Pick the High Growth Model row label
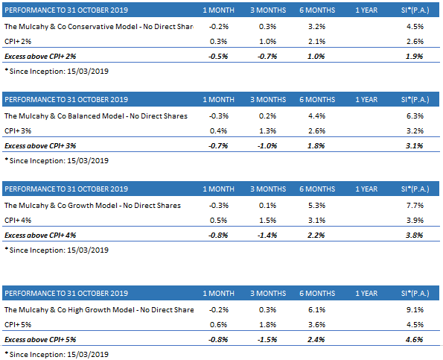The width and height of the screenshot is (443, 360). [x=98, y=310]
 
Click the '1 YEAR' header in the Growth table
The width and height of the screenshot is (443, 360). [x=366, y=189]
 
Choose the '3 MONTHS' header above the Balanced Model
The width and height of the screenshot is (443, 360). [x=265, y=99]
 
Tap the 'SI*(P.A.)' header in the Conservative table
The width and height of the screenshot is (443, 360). [x=413, y=10]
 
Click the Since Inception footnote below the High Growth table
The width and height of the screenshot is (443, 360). [x=56, y=353]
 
